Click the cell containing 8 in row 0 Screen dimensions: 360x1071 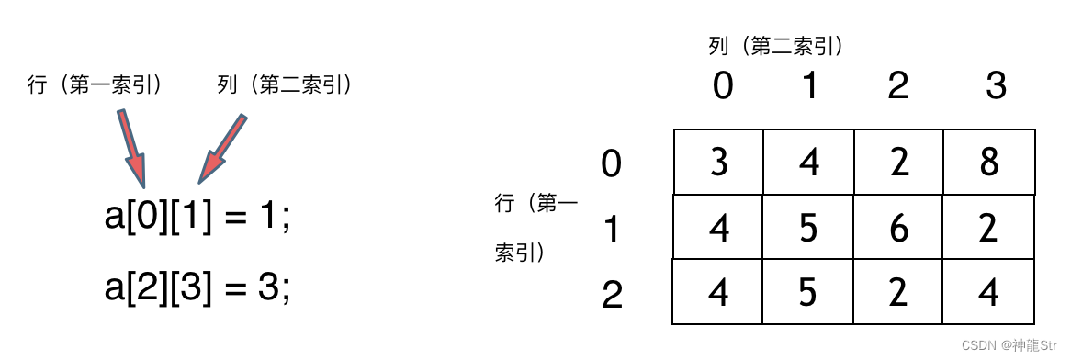click(x=988, y=162)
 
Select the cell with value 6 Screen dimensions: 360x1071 click(x=898, y=227)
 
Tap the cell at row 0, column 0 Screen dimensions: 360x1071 click(x=719, y=162)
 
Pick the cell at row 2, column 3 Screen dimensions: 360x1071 click(x=988, y=292)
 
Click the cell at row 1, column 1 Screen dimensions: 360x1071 click(x=808, y=227)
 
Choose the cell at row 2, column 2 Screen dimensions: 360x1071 click(x=898, y=292)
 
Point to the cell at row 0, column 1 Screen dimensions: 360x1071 click(x=808, y=162)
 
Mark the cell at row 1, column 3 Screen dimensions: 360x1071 click(x=988, y=227)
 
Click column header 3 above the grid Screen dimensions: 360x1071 click(x=996, y=86)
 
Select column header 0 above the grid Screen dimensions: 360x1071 click(x=723, y=86)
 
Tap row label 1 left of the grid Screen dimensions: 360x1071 click(x=612, y=231)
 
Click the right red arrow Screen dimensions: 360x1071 click(x=220, y=149)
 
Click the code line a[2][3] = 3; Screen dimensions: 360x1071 click(x=197, y=288)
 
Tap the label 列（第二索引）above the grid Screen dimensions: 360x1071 click(x=776, y=45)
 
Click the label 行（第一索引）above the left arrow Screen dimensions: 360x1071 click(x=96, y=85)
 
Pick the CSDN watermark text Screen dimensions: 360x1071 click(x=1009, y=345)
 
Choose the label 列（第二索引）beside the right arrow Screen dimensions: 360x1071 click(x=286, y=85)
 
